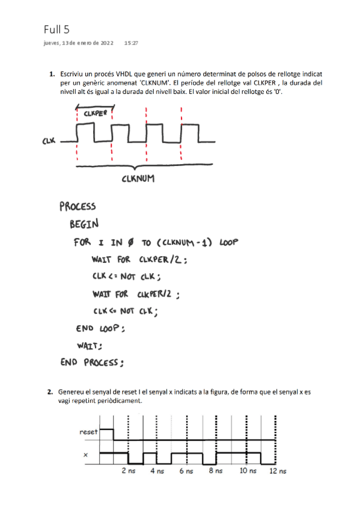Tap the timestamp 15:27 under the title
point(131,43)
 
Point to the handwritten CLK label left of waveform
point(49,141)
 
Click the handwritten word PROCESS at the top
point(78,207)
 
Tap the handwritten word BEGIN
point(84,225)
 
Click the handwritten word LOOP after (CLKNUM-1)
point(229,243)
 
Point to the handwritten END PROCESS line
point(92,362)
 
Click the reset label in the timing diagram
point(89,432)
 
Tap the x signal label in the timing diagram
point(85,455)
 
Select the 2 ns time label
point(128,471)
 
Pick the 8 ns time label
point(215,471)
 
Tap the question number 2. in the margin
point(52,392)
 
